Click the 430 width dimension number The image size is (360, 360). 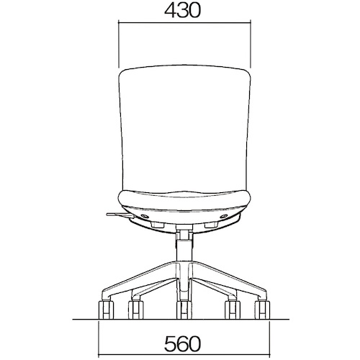(x=182, y=11)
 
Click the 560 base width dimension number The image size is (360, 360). (x=182, y=343)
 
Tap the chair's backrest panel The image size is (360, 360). (x=184, y=130)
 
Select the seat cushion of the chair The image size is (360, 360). (x=184, y=200)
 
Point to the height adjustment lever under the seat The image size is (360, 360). (x=120, y=215)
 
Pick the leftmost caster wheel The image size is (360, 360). (x=106, y=310)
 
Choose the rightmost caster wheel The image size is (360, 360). (x=263, y=310)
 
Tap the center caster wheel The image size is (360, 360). (x=184, y=310)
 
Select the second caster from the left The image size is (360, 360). (x=136, y=310)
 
